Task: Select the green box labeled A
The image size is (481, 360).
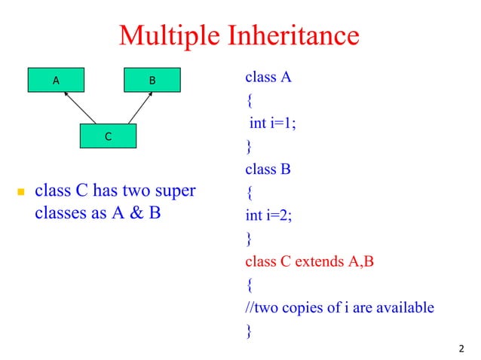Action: (56, 79)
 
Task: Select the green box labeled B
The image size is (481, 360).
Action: (152, 79)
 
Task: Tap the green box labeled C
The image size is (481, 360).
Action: (109, 136)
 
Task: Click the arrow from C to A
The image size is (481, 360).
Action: (80, 108)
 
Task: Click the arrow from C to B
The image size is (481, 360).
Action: (140, 108)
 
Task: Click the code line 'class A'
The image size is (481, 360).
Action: (268, 77)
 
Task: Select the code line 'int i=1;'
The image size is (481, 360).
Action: (272, 124)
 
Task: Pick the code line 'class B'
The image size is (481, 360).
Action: (268, 169)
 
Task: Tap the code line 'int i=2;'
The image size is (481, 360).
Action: (268, 216)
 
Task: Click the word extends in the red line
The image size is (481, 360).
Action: (317, 262)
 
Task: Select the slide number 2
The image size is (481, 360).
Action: (461, 348)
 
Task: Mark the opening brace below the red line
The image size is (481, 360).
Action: (249, 285)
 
